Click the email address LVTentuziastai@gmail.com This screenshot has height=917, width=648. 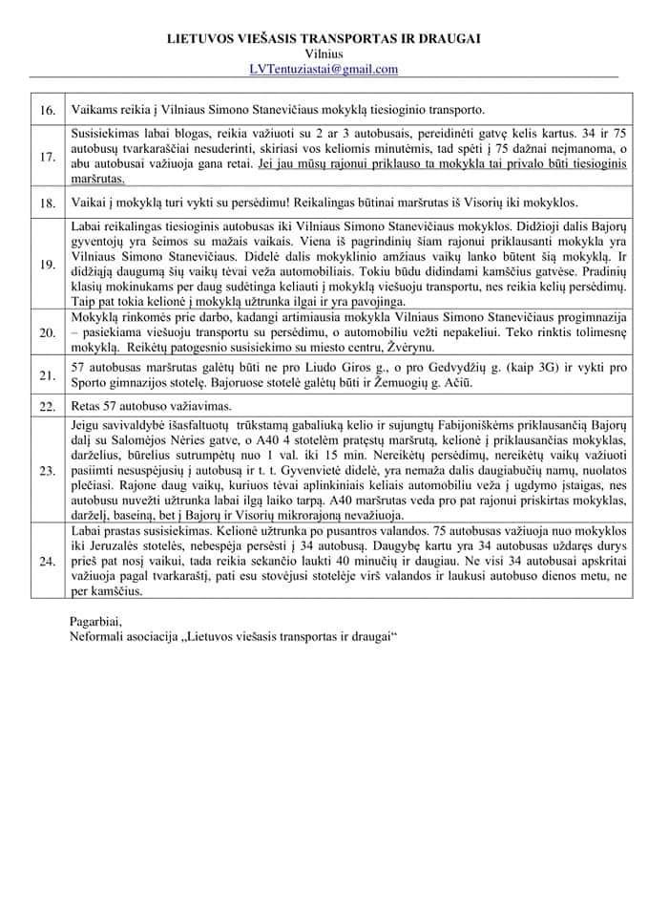(x=324, y=69)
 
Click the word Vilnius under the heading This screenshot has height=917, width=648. (x=324, y=53)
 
